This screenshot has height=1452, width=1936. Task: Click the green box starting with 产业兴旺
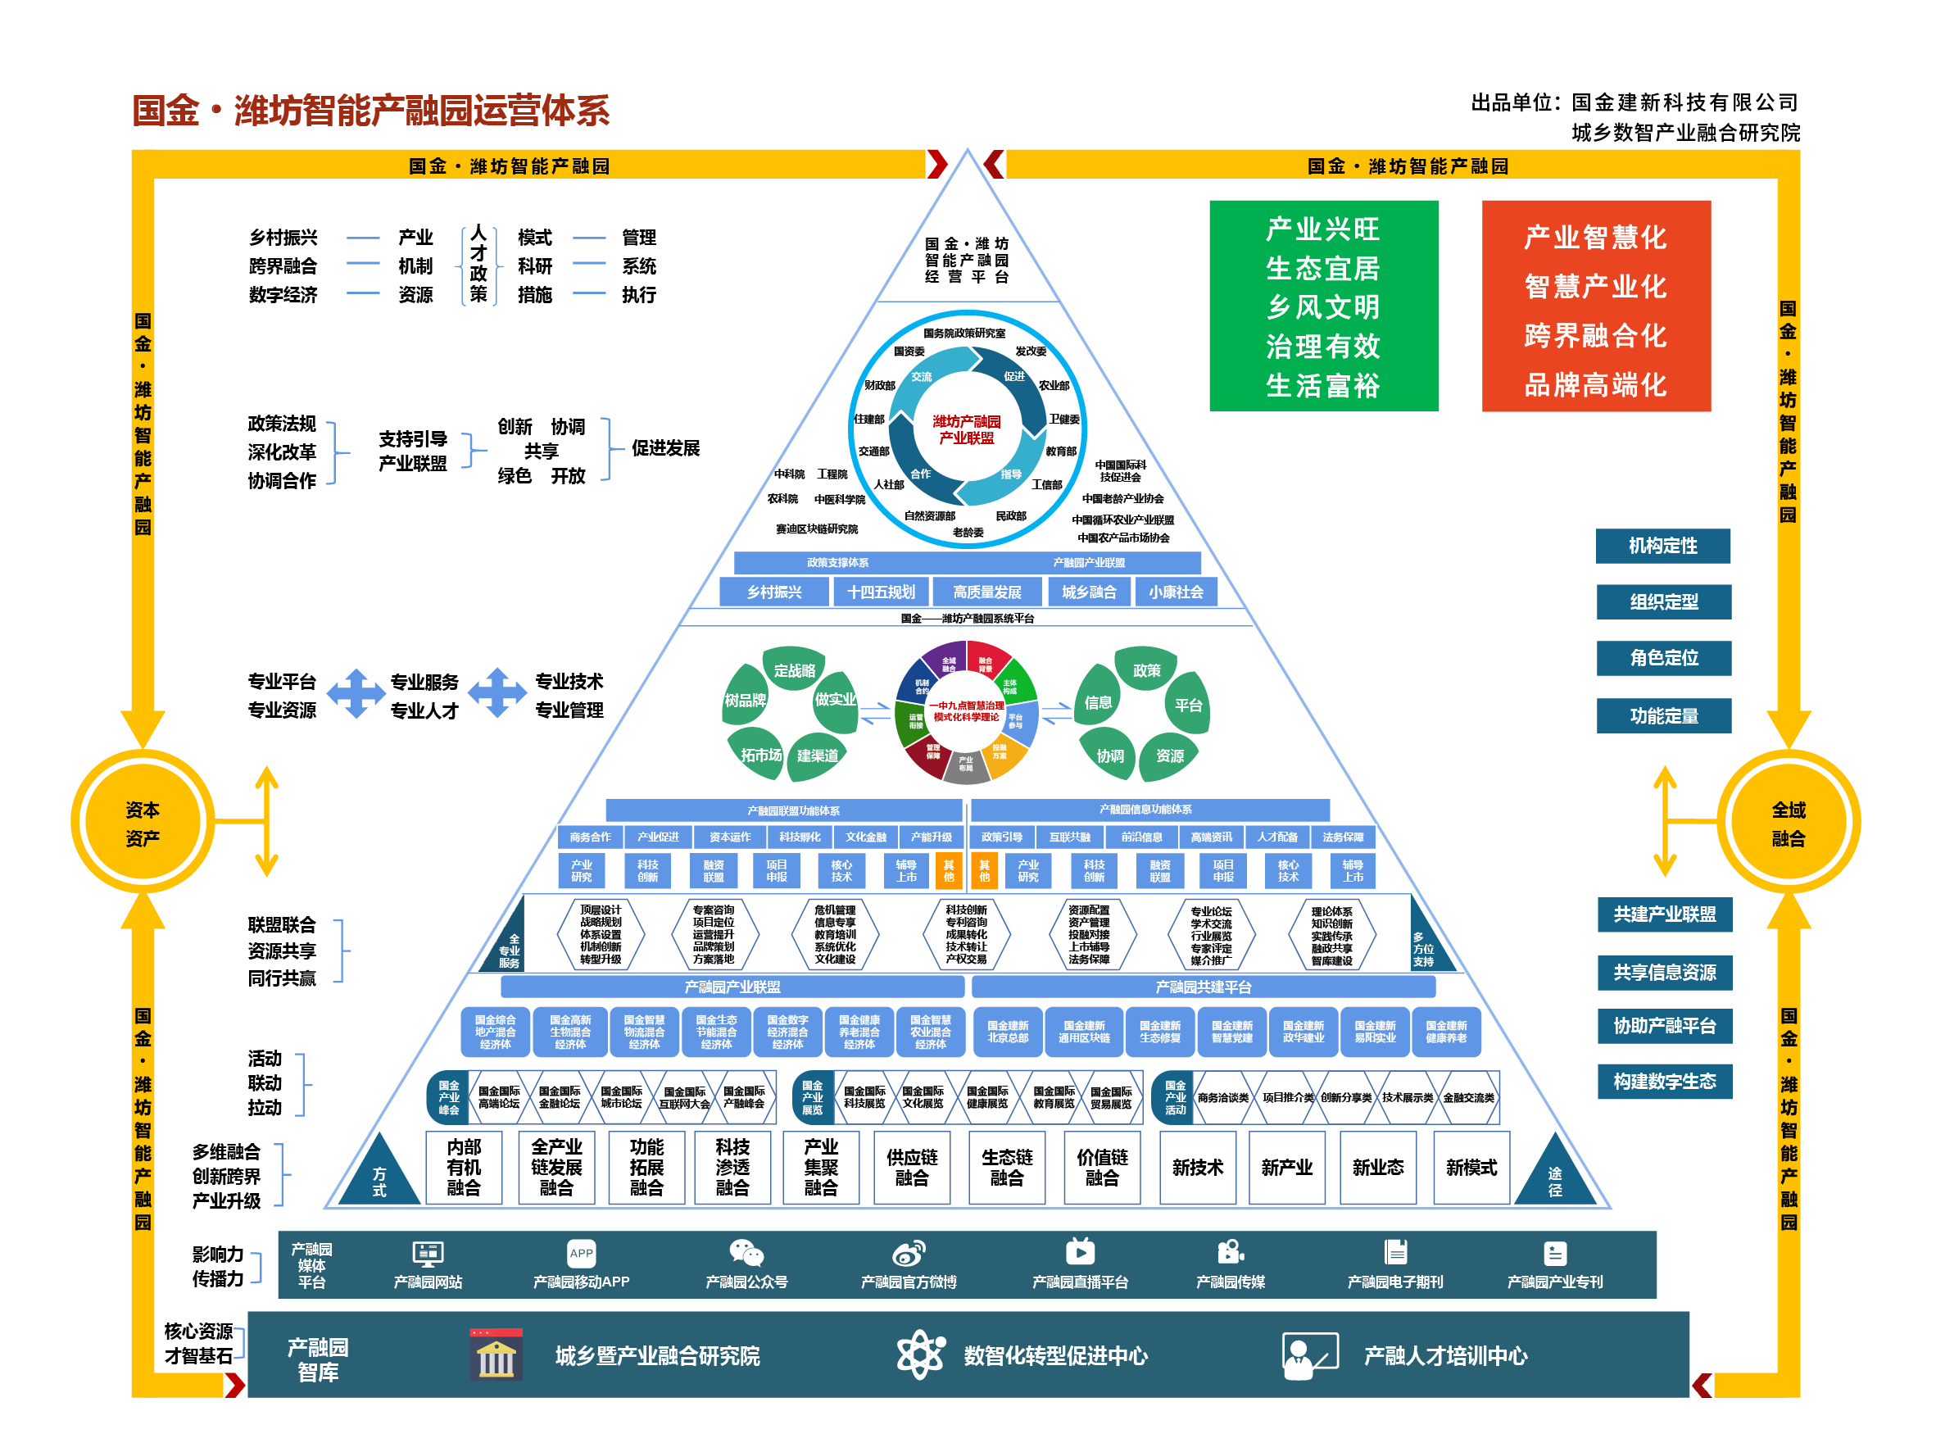coord(1322,306)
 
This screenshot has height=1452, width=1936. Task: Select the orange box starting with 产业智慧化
coord(1594,306)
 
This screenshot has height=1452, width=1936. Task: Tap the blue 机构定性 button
coord(1662,547)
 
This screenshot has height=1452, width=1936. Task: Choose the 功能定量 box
coord(1663,716)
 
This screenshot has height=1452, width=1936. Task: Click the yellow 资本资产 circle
coord(143,823)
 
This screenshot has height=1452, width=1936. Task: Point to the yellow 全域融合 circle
coord(1787,823)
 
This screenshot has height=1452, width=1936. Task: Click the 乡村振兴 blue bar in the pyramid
coord(773,592)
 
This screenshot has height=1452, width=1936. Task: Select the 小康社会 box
coord(1176,592)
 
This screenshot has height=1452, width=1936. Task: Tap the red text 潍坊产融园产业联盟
coord(966,429)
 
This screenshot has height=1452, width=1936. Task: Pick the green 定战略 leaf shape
coord(794,669)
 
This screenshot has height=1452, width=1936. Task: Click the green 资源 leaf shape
coord(1169,755)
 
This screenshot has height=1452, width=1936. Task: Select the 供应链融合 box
coord(911,1168)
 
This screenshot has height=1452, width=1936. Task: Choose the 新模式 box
coord(1471,1168)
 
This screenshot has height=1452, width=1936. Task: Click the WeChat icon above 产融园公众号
coord(746,1254)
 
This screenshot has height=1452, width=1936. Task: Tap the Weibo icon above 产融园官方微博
coord(909,1255)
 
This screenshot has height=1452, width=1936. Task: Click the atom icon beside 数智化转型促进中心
coord(920,1354)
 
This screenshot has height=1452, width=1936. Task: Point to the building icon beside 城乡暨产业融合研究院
coord(496,1354)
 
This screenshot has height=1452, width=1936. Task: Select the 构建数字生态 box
coord(1664,1082)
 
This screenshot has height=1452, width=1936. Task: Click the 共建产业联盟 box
coord(1664,914)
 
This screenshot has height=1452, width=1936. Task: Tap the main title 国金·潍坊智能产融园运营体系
coord(371,111)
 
